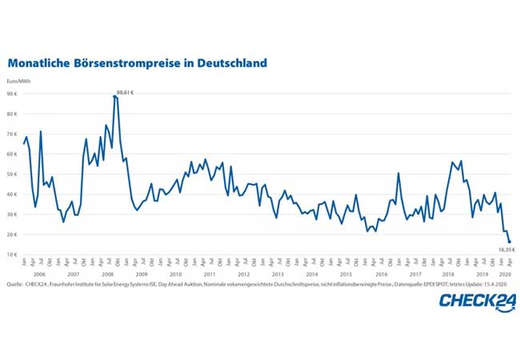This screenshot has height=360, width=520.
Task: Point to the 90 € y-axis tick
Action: pyautogui.click(x=14, y=94)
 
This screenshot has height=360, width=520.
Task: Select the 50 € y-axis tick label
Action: pyautogui.click(x=14, y=174)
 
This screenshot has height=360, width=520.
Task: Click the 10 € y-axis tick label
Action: pyautogui.click(x=14, y=254)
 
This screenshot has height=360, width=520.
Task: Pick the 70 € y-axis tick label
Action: pyautogui.click(x=14, y=134)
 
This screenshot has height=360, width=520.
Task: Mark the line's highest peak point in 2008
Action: pyautogui.click(x=115, y=96)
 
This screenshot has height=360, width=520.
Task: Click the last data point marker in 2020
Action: pyautogui.click(x=510, y=242)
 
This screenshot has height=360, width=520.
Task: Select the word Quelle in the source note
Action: pyautogui.click(x=14, y=284)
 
